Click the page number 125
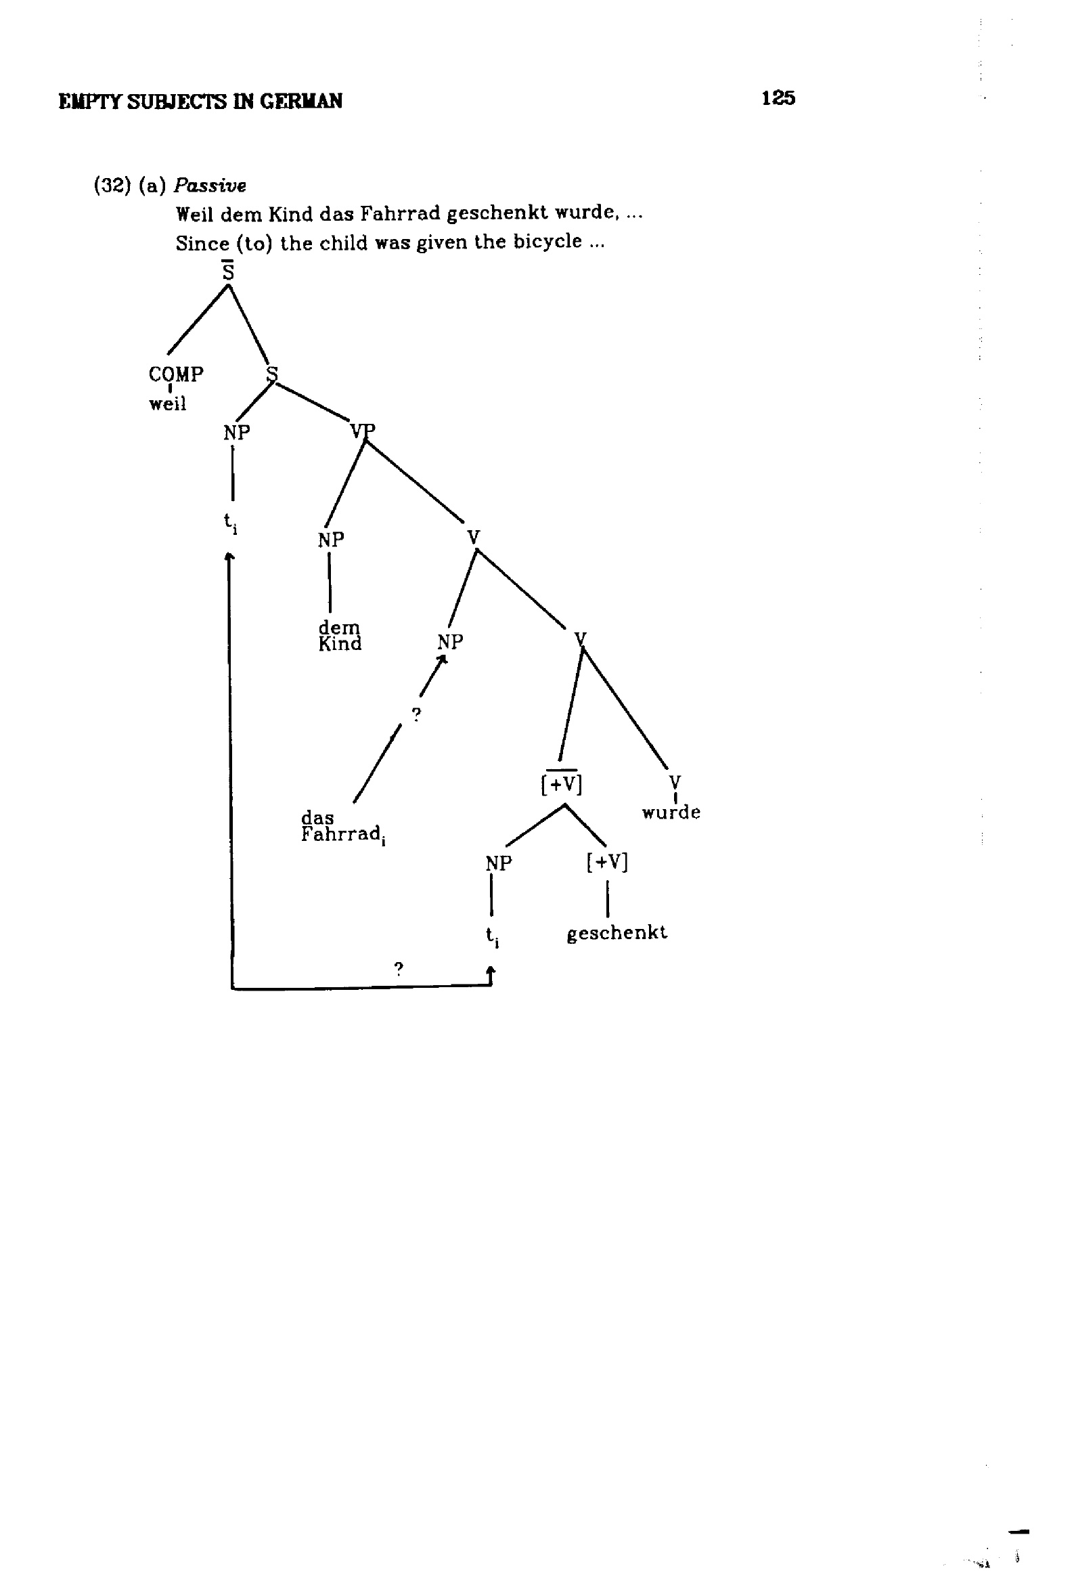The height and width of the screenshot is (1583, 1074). tap(778, 98)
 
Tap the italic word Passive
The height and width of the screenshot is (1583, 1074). tap(210, 186)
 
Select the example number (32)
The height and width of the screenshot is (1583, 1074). tap(112, 186)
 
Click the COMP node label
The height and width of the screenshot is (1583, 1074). tap(176, 374)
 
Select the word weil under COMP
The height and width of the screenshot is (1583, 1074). tap(168, 404)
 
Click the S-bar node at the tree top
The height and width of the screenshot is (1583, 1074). tap(228, 270)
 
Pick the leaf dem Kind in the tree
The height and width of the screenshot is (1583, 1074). tap(340, 636)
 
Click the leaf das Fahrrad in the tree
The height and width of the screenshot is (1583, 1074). tap(343, 827)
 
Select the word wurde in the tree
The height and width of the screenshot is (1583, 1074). tap(671, 812)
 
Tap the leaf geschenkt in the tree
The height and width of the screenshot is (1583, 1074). tap(617, 933)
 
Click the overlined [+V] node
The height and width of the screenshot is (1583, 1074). tap(562, 783)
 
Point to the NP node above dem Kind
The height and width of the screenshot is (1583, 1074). tap(331, 540)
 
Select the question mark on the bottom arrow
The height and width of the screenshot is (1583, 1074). tap(399, 968)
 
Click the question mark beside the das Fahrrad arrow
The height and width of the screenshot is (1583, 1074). tap(417, 714)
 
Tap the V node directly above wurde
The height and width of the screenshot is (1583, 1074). tap(675, 782)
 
